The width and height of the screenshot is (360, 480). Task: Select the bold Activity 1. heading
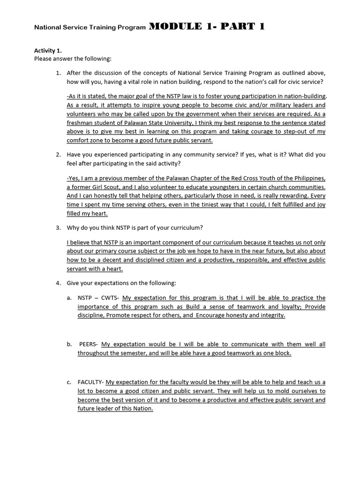point(48,51)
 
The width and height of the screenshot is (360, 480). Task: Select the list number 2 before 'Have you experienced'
point(59,154)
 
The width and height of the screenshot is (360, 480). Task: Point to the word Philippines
point(306,178)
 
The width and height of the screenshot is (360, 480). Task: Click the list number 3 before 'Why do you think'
point(59,228)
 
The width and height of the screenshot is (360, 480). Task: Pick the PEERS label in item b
point(88,345)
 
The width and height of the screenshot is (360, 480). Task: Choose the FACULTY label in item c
point(90,382)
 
